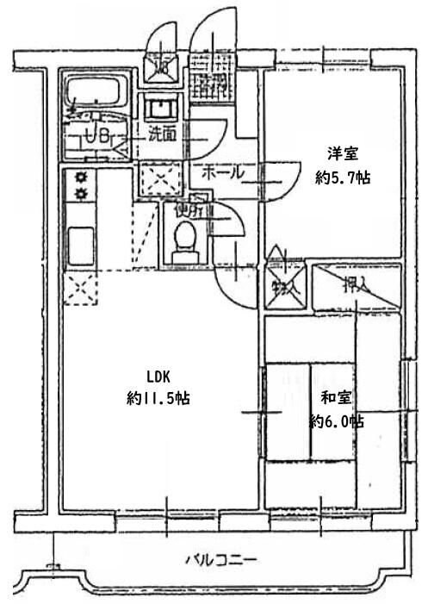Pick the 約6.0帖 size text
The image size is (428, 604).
337,421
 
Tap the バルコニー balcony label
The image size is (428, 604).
221,560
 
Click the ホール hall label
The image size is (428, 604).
221,172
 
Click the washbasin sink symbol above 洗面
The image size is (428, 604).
160,109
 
